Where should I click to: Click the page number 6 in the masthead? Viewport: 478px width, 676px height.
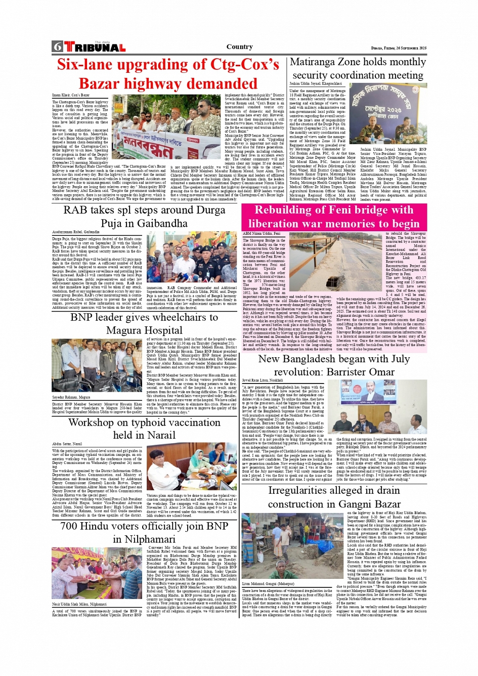coord(57,47)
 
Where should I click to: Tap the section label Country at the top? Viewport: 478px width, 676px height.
coord(239,47)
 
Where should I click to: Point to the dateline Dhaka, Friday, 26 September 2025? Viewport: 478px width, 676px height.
coord(399,48)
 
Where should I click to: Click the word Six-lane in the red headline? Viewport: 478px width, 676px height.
coord(90,65)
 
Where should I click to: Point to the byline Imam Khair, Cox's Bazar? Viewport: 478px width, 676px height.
coord(71,95)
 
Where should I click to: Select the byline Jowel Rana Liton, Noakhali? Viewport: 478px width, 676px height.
coord(262,380)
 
